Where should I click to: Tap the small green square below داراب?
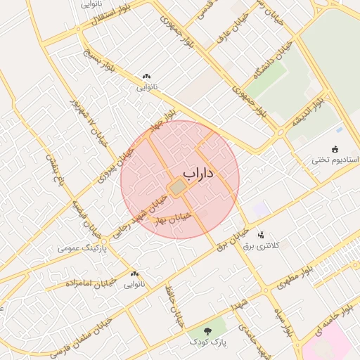coord(178,186)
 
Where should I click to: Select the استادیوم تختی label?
coord(335,160)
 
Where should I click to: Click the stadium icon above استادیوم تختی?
coord(335,149)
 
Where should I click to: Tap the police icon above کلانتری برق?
coord(261,235)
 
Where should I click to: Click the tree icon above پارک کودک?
coord(209,330)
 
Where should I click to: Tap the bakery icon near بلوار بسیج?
coord(146,77)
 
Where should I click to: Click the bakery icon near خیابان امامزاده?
coord(134,274)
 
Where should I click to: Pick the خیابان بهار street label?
coord(169,219)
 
